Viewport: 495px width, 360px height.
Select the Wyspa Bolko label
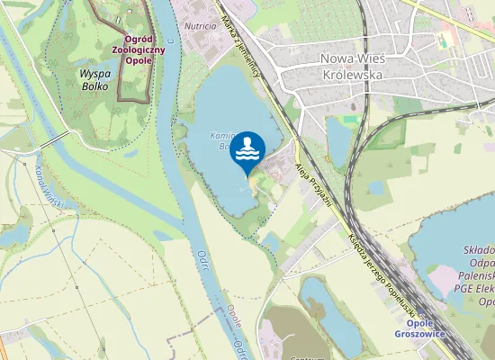point(94,79)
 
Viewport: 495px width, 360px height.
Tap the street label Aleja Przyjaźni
point(313,184)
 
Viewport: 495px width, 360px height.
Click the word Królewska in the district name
point(354,75)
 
